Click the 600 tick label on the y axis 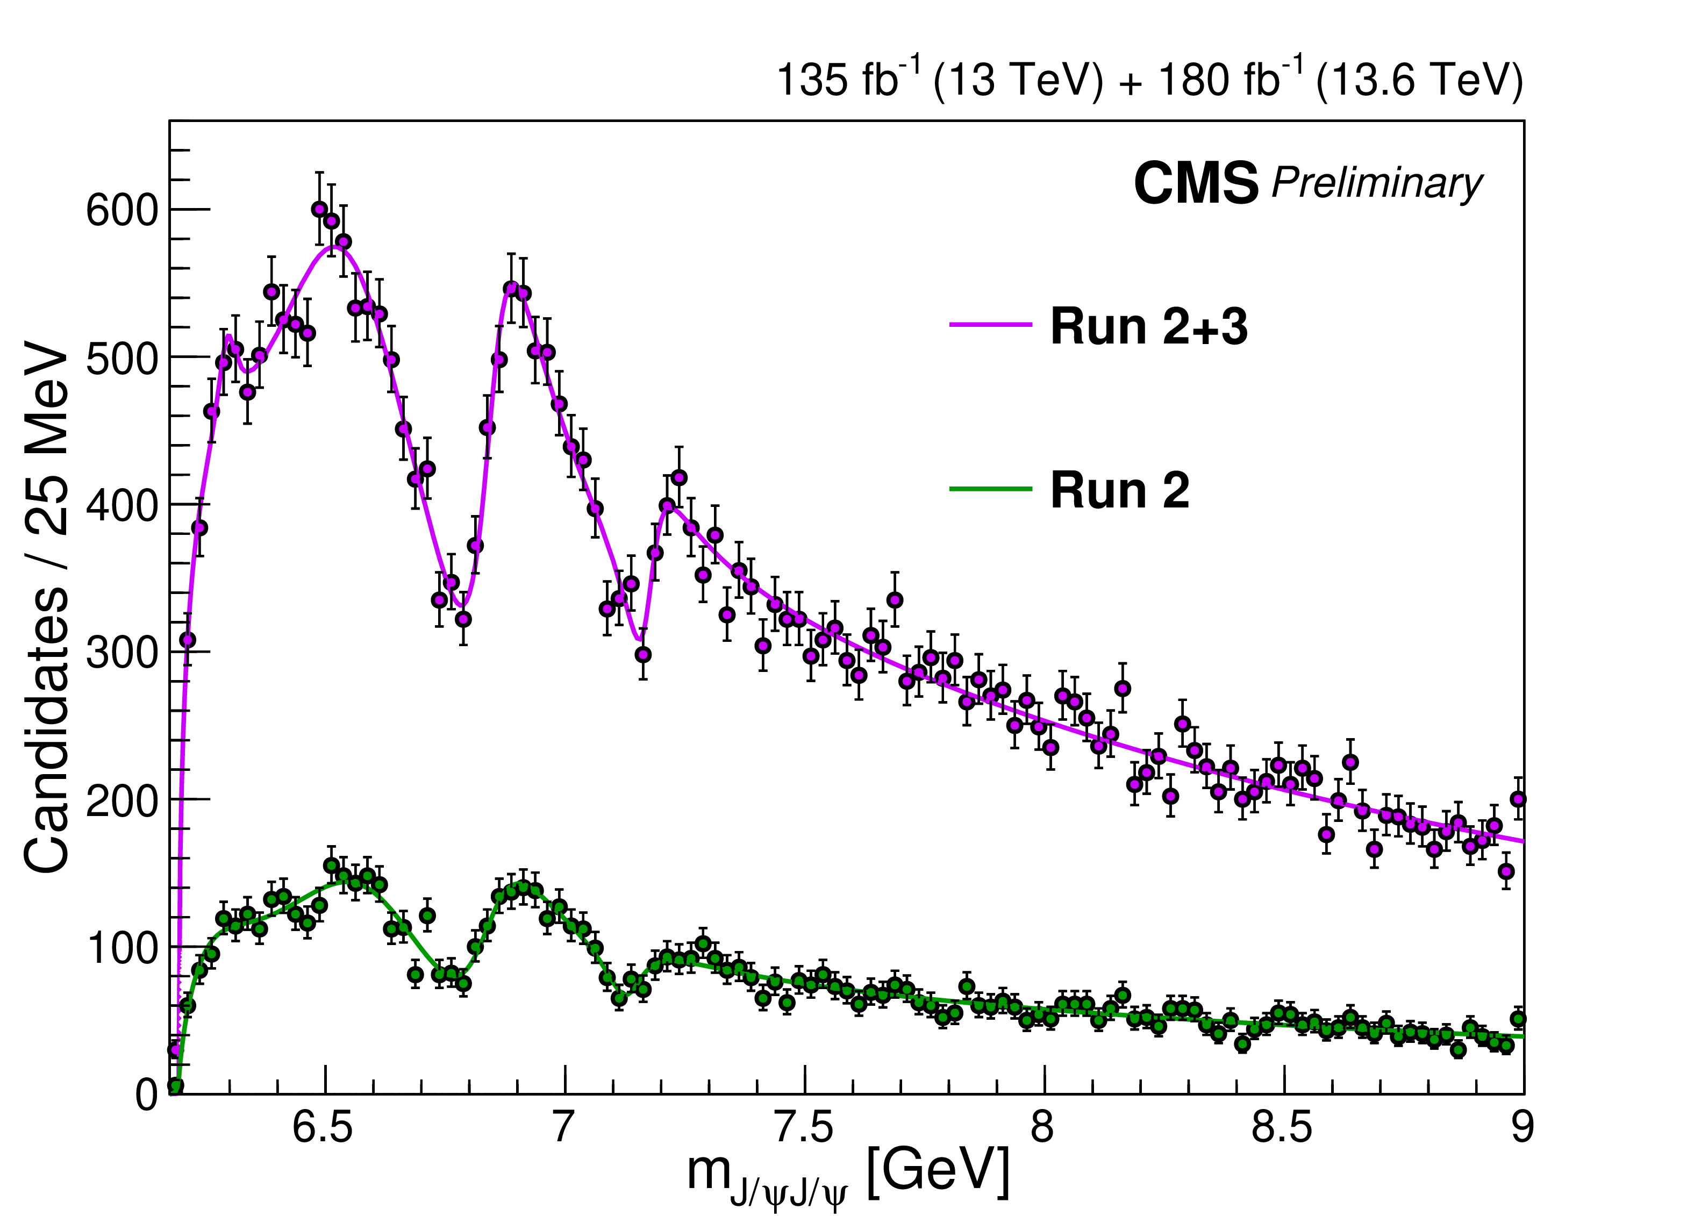[123, 211]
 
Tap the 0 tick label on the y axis [147, 1096]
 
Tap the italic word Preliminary [1377, 183]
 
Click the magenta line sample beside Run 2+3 [990, 325]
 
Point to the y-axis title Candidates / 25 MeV [46, 606]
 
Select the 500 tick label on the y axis [123, 359]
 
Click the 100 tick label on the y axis [123, 949]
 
